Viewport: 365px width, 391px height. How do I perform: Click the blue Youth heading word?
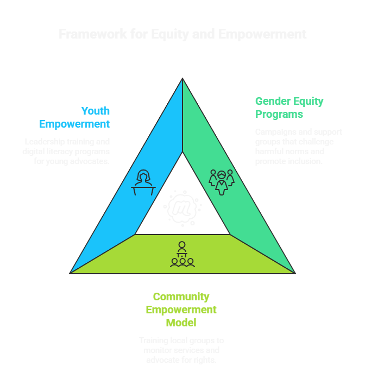pyautogui.click(x=95, y=111)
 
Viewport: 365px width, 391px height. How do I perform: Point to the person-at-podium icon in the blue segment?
pyautogui.click(x=143, y=182)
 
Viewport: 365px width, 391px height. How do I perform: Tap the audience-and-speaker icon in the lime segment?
pyautogui.click(x=182, y=254)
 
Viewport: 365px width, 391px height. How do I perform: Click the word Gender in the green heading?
pyautogui.click(x=273, y=102)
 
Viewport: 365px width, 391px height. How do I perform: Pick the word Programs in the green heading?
pyautogui.click(x=279, y=115)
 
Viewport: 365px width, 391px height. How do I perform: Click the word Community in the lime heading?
pyautogui.click(x=181, y=297)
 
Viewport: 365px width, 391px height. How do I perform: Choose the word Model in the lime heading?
pyautogui.click(x=181, y=323)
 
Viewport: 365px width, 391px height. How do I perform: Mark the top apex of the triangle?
pyautogui.click(x=182, y=79)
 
